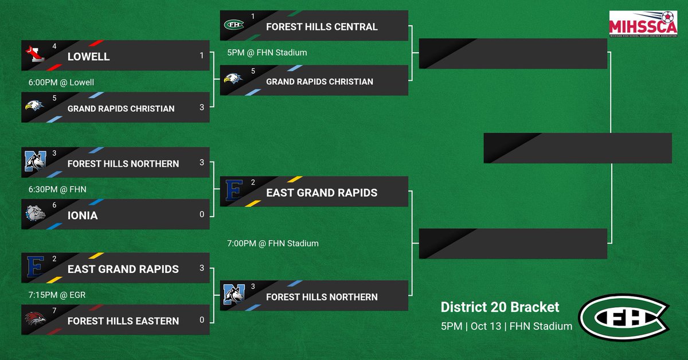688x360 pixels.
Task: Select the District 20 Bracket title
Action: [499, 307]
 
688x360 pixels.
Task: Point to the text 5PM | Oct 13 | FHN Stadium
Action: [506, 326]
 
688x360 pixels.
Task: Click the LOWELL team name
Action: [88, 57]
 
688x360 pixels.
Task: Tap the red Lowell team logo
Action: [33, 54]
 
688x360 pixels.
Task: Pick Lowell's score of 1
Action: [202, 56]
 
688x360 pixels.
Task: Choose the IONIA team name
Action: [83, 216]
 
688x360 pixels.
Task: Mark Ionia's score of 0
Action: [202, 214]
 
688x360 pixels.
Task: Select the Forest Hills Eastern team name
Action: [123, 321]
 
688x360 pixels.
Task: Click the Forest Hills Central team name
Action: [322, 27]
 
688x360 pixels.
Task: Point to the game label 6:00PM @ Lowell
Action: [61, 83]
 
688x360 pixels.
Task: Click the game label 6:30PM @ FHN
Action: [57, 189]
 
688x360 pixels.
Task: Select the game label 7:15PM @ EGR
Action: [57, 295]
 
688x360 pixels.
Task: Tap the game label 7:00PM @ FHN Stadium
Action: [273, 244]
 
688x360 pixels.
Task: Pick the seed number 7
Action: [54, 311]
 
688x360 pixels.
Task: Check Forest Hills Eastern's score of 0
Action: [202, 320]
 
